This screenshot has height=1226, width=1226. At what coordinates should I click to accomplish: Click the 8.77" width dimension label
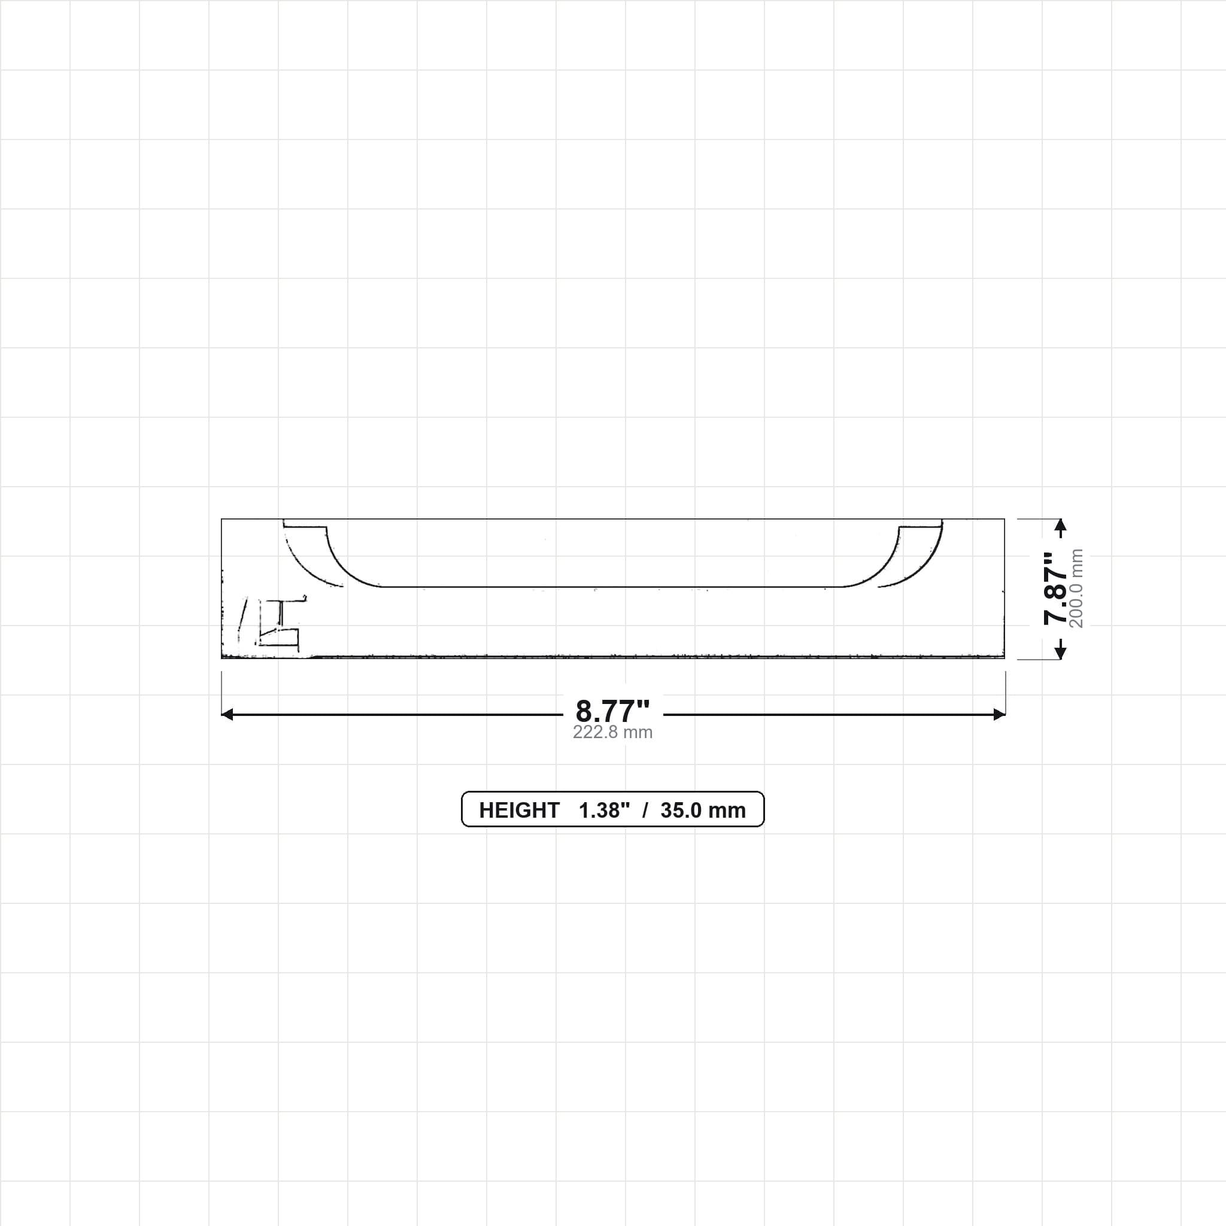612,711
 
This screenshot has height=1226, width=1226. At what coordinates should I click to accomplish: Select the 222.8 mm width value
612,732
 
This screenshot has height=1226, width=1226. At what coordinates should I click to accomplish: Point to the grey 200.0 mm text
1076,588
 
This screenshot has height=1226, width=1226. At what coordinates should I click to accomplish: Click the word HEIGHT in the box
519,811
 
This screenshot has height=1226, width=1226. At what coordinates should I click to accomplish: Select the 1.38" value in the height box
604,811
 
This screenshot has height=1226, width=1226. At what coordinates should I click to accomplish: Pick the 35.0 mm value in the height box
703,811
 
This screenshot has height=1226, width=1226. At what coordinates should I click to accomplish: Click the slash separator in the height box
645,811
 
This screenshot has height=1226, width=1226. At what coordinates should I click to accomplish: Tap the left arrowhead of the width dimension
227,715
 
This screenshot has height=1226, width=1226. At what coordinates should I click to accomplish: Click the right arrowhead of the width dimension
1000,715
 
